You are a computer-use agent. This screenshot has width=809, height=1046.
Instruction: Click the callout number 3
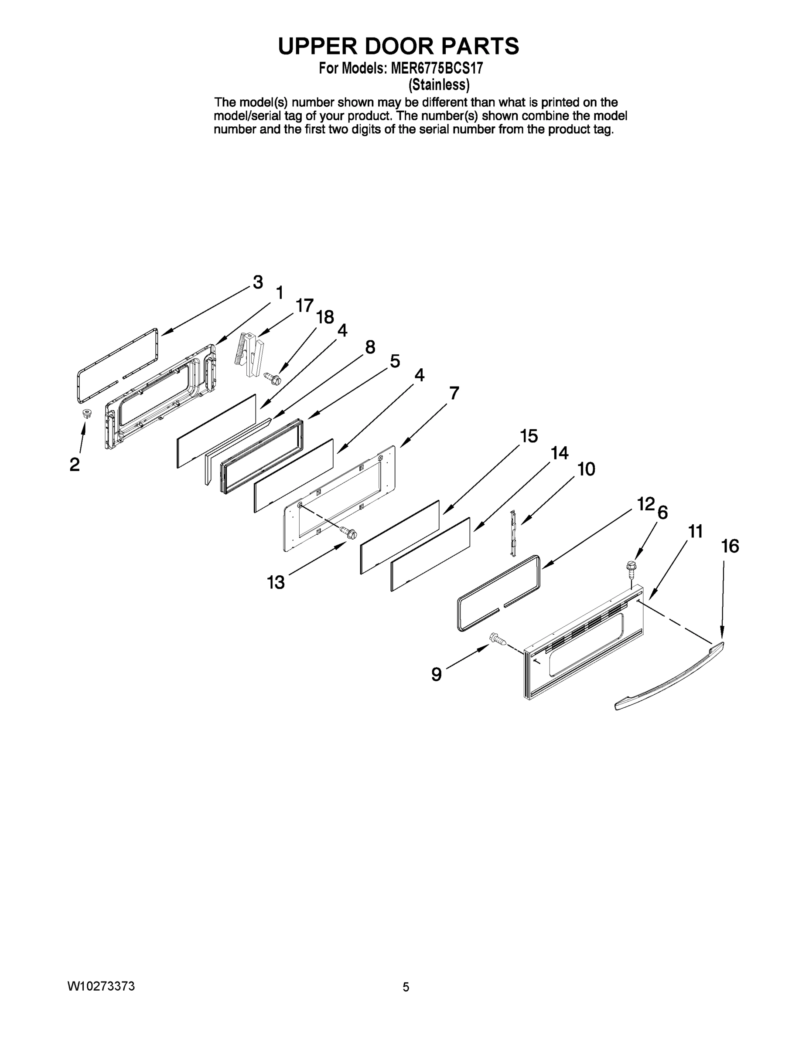(x=258, y=282)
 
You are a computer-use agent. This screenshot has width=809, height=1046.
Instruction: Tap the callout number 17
(x=304, y=305)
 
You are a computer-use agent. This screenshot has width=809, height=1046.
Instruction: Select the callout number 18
(x=325, y=317)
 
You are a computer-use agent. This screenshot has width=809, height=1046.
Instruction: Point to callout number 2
(x=75, y=464)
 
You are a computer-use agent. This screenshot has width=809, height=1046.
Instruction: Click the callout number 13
(x=276, y=582)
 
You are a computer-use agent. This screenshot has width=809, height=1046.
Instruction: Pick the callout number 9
(x=436, y=674)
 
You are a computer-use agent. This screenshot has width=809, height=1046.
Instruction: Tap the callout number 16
(x=730, y=546)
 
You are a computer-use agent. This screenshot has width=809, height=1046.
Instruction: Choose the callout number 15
(x=529, y=436)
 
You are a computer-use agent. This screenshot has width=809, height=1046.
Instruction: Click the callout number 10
(x=586, y=469)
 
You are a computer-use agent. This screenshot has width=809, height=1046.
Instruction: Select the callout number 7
(x=454, y=393)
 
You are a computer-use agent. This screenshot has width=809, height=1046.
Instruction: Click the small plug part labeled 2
(x=87, y=413)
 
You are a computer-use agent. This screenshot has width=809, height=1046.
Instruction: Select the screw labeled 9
(x=497, y=638)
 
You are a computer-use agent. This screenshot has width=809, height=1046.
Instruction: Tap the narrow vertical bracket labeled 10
(x=514, y=533)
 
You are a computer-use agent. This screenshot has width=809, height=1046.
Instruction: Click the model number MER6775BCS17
(x=437, y=68)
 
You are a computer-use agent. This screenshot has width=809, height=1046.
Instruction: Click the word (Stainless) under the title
(x=439, y=85)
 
